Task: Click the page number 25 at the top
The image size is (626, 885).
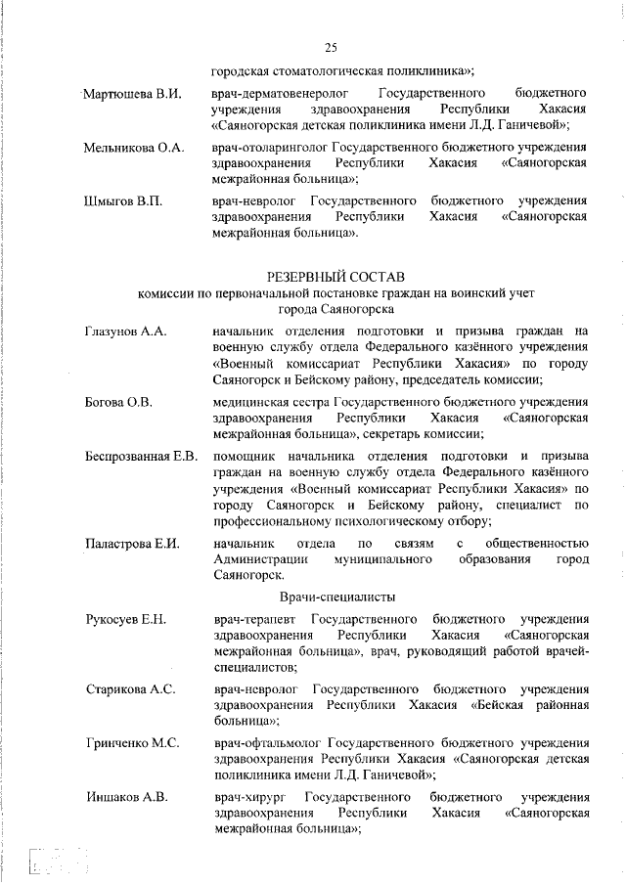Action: (x=330, y=48)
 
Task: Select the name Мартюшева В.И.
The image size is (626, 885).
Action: (x=133, y=94)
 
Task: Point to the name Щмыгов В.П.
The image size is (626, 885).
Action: (x=122, y=201)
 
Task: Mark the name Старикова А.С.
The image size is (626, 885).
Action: (x=130, y=689)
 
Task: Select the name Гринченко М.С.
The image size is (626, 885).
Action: (x=132, y=743)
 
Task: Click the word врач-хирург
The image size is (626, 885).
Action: (x=246, y=797)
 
